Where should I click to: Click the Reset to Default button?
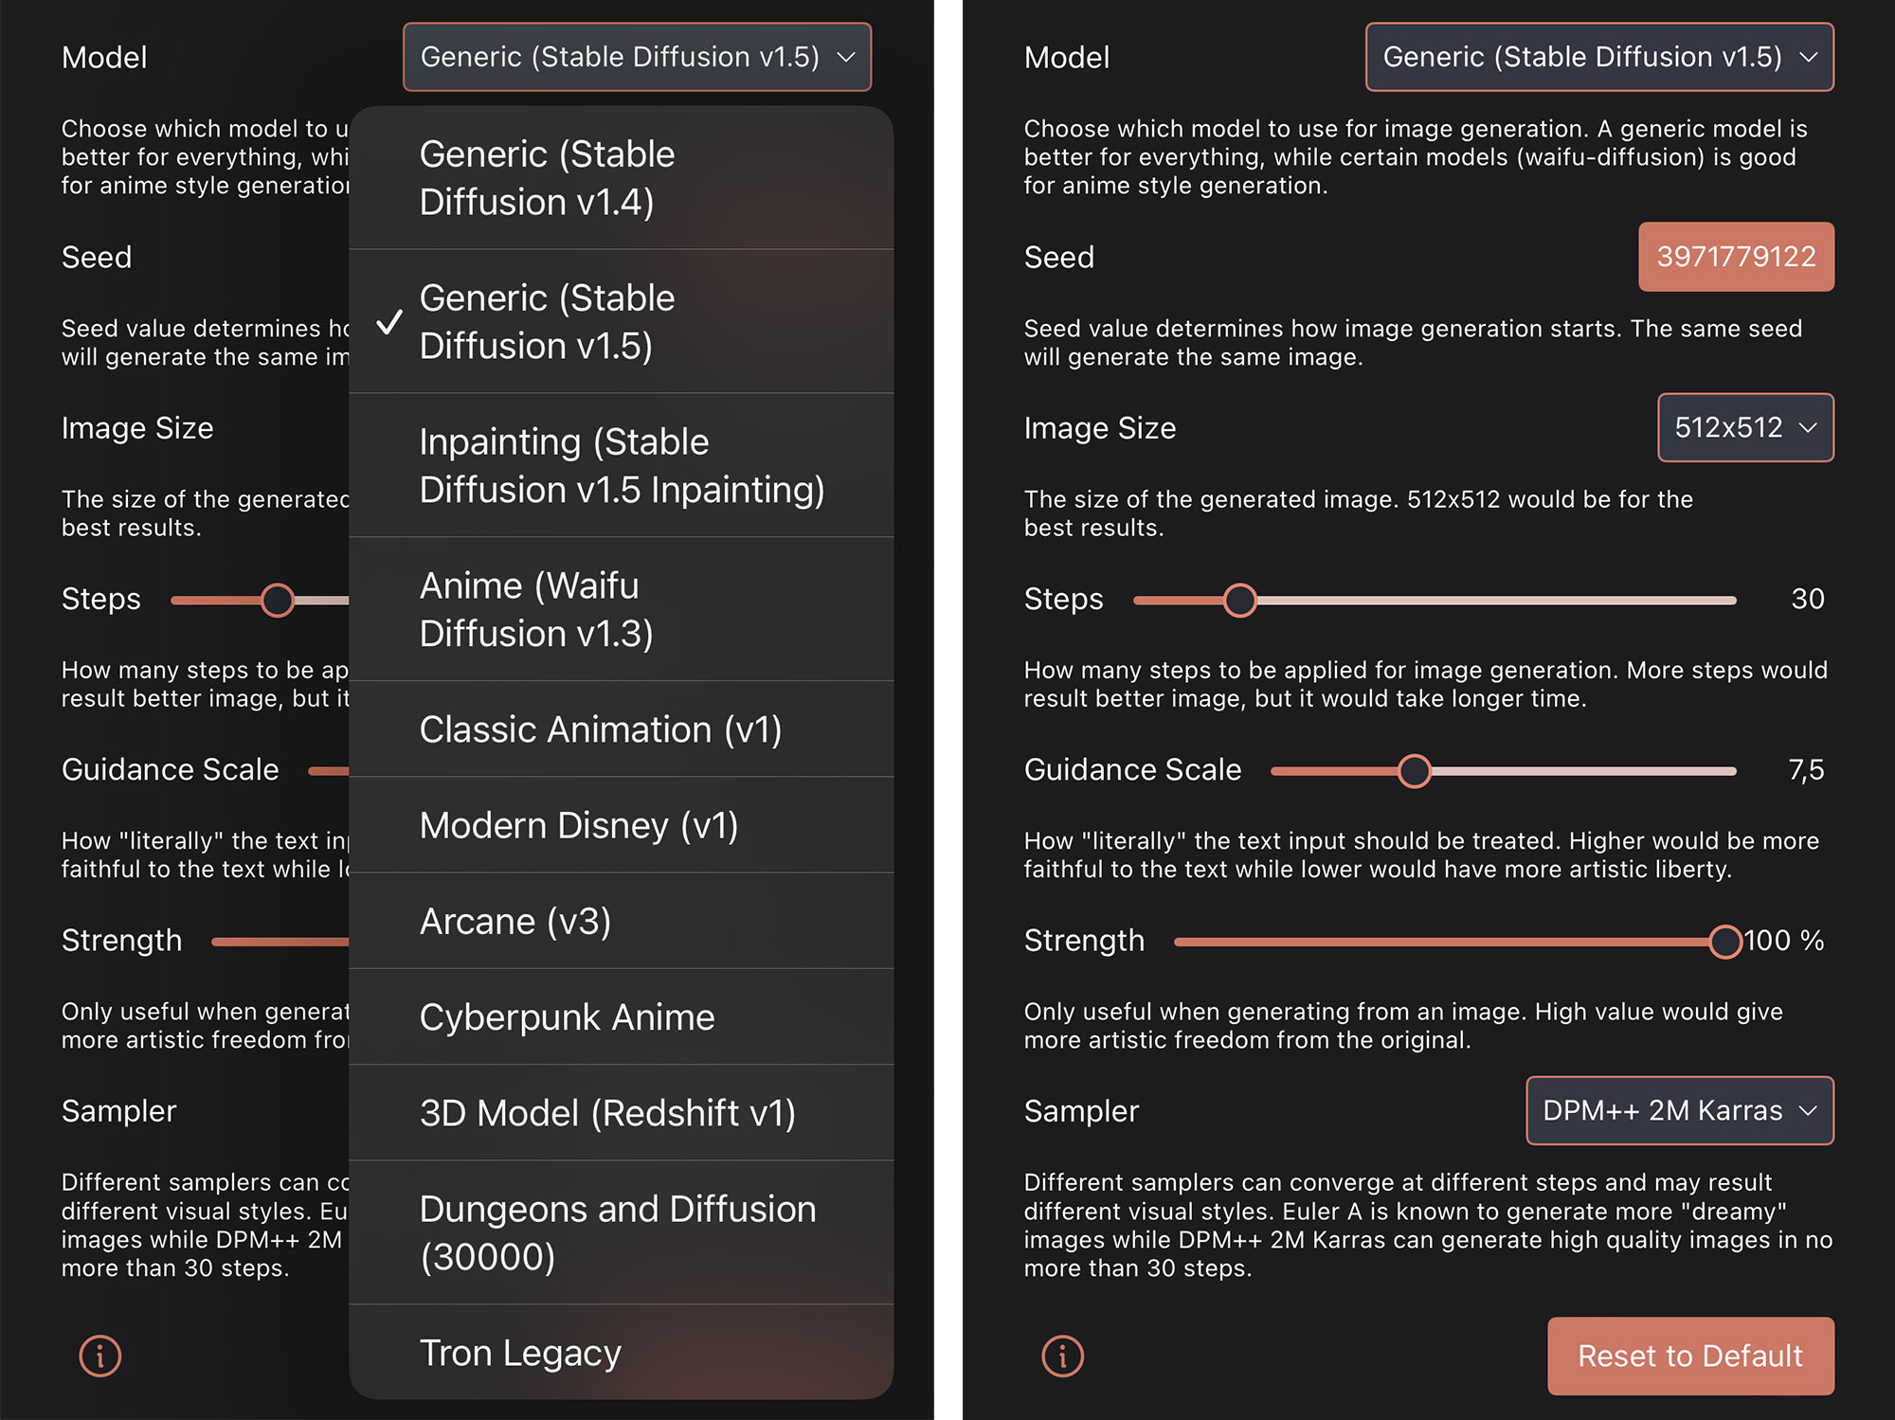[1690, 1356]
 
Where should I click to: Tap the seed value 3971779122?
[1736, 257]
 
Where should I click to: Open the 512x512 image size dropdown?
[1745, 427]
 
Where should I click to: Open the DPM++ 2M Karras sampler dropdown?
[1680, 1110]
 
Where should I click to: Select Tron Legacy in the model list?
[520, 1353]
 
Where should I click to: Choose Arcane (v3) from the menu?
[515, 921]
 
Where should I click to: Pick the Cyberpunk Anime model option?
[567, 1017]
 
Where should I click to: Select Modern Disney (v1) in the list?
[579, 825]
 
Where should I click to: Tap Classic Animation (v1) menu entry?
[601, 729]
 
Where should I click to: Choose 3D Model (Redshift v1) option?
[607, 1113]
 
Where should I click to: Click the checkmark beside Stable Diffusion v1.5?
[389, 323]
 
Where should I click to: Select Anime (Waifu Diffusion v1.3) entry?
[536, 609]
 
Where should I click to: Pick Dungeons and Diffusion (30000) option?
[617, 1232]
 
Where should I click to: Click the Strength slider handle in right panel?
[1725, 942]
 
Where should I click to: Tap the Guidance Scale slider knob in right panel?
[1415, 771]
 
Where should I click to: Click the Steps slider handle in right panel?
[1239, 600]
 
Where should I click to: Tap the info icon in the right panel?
[1062, 1356]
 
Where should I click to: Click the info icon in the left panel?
[99, 1356]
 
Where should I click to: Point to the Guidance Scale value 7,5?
[1806, 770]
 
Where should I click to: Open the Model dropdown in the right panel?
[1599, 57]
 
